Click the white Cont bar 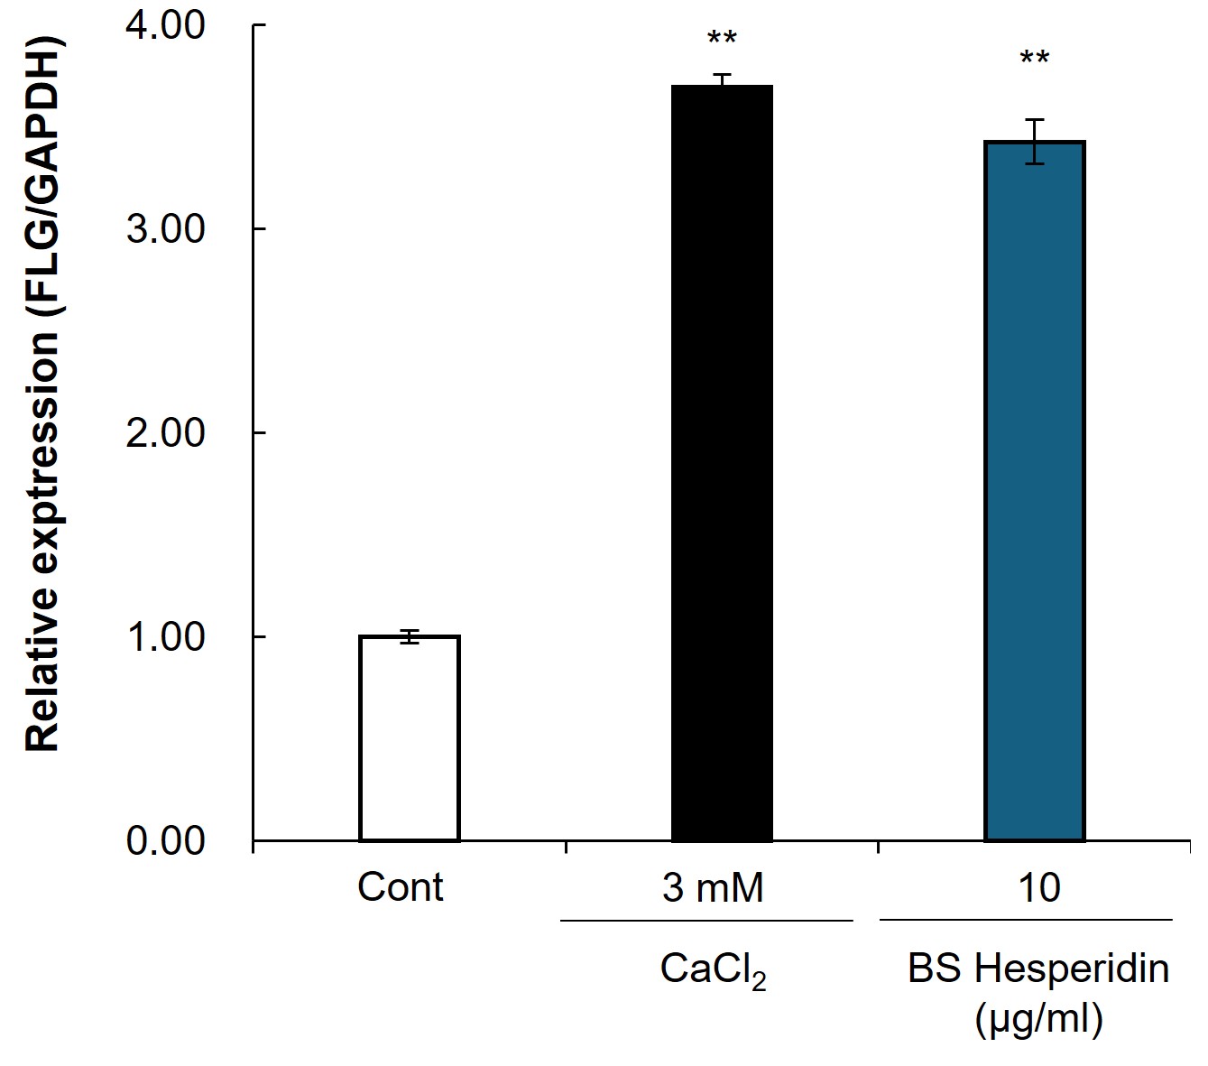(409, 738)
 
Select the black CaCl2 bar (722, 464)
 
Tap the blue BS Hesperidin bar (1035, 491)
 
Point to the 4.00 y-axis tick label (165, 25)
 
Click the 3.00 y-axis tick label (165, 229)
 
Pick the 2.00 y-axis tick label (165, 433)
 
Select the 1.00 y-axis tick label (165, 637)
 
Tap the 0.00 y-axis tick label (165, 841)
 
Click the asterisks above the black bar (722, 38)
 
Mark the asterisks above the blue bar (1035, 57)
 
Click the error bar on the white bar (409, 636)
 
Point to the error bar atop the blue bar (1035, 142)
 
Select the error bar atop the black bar (722, 80)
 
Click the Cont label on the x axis (400, 887)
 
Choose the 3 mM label (713, 887)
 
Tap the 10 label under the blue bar (1038, 887)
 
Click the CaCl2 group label (713, 971)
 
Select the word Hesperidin (1072, 969)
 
